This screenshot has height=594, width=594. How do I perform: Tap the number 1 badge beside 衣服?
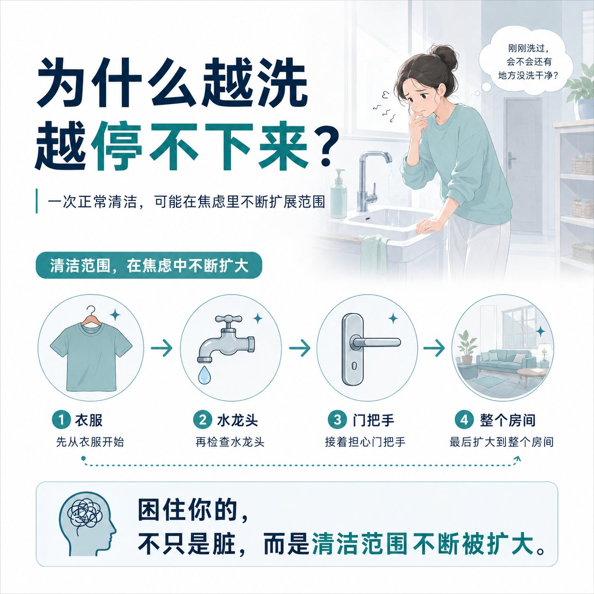point(61,420)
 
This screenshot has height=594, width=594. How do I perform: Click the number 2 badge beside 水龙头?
point(203,420)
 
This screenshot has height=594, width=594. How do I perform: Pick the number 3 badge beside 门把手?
point(337,420)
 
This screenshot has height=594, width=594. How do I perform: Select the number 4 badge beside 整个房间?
point(465,420)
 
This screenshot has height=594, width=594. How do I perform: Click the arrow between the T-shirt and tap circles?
point(162,348)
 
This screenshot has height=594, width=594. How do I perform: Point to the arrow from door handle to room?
point(434,348)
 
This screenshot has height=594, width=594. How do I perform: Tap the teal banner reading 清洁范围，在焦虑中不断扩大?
point(149,265)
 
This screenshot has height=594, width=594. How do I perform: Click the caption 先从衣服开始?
point(90,442)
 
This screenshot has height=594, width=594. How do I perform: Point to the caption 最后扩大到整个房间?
point(502,442)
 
